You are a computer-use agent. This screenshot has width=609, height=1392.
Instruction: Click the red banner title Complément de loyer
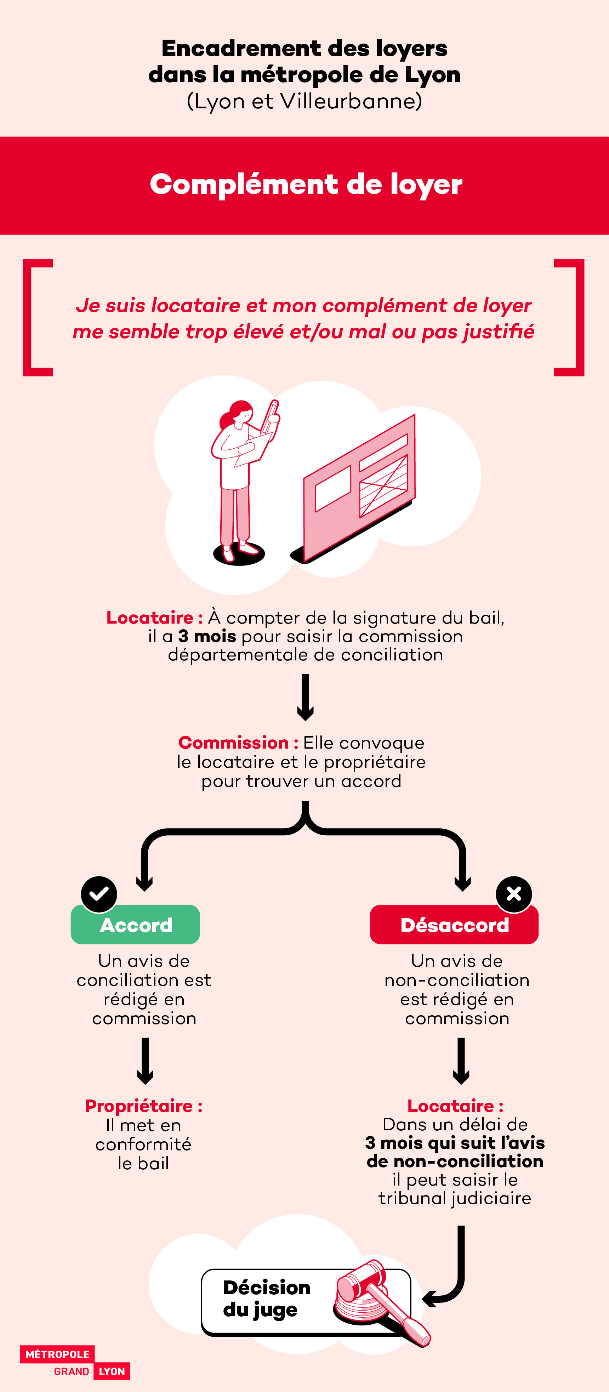[x=306, y=184]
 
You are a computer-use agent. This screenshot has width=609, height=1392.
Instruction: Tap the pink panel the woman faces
[x=359, y=486]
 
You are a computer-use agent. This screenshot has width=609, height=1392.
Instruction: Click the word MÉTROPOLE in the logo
[x=57, y=1354]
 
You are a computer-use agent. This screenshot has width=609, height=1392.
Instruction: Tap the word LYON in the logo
[x=112, y=1371]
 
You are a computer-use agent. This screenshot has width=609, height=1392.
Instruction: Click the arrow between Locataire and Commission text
[x=305, y=697]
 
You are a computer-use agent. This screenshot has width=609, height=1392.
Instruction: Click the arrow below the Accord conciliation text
[x=145, y=1061]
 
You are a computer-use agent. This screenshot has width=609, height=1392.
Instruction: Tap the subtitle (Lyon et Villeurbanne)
[x=304, y=101]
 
